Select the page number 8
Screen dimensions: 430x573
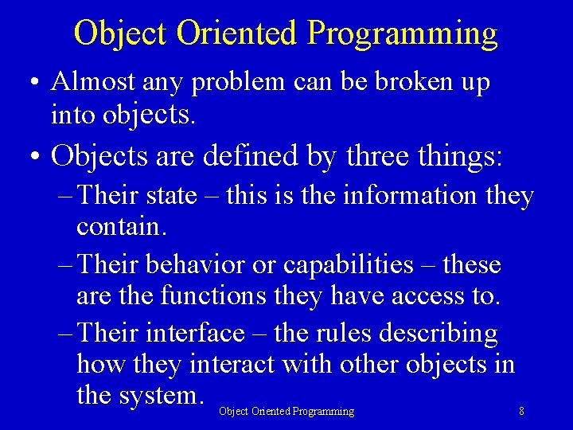(521, 412)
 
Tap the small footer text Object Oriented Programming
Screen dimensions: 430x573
(286, 412)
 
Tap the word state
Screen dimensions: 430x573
(170, 196)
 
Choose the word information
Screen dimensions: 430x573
(408, 196)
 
